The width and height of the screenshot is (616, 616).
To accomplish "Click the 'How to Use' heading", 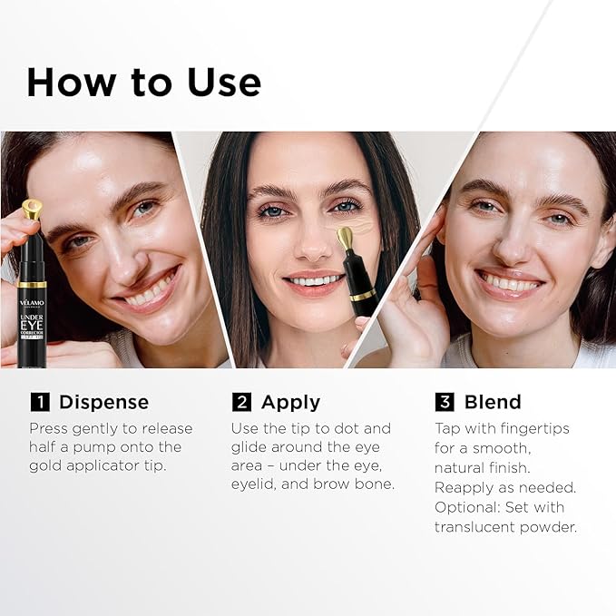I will pyautogui.click(x=143, y=83).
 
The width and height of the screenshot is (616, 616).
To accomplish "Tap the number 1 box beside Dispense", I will pyautogui.click(x=39, y=402).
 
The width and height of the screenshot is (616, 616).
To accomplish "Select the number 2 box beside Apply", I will pyautogui.click(x=241, y=402).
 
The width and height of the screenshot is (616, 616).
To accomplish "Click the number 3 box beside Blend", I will pyautogui.click(x=445, y=402).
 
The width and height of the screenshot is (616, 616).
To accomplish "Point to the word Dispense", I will pyautogui.click(x=103, y=402).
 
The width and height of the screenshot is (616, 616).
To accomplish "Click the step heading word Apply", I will pyautogui.click(x=290, y=402).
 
